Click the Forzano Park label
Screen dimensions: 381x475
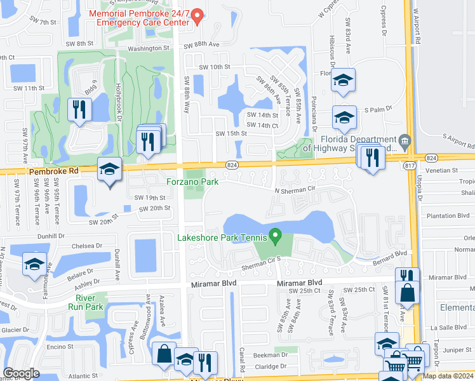(x=193, y=182)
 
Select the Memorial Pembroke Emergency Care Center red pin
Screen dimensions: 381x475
(x=197, y=16)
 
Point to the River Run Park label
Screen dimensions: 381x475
(x=90, y=302)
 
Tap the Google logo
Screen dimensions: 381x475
(x=21, y=373)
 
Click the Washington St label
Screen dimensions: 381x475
(x=149, y=48)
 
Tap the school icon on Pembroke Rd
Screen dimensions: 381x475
(x=109, y=170)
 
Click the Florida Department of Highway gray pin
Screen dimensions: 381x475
(x=404, y=139)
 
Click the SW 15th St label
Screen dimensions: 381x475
(x=231, y=133)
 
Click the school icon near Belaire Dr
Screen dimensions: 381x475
(x=34, y=265)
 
